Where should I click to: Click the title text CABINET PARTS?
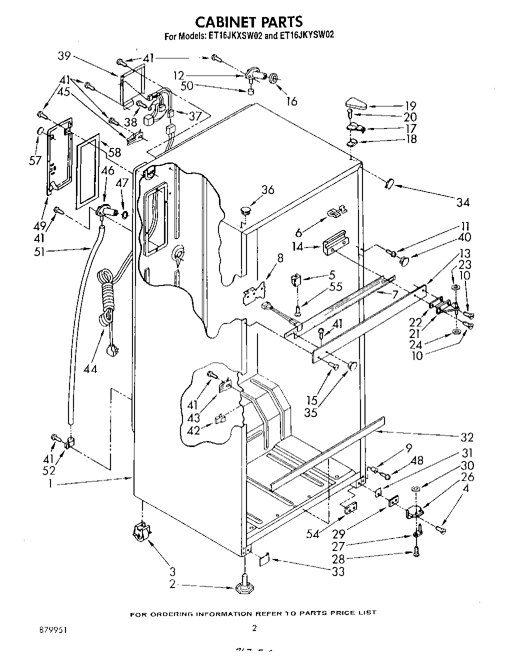click(248, 21)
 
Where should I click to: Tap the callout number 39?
click(64, 56)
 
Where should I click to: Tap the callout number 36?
click(268, 189)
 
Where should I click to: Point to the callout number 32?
click(466, 437)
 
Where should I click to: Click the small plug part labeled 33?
click(265, 558)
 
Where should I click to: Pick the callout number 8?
click(279, 258)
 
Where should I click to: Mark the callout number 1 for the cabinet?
click(50, 484)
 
